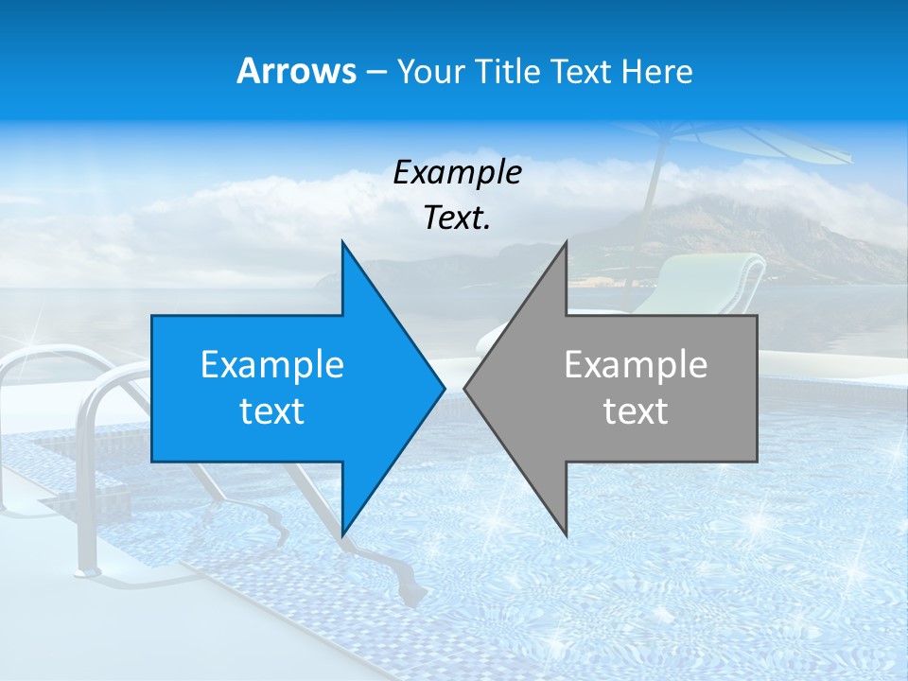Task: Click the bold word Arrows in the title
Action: point(296,71)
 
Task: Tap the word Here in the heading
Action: point(656,72)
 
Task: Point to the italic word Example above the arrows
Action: point(457,172)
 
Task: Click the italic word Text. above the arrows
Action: point(457,218)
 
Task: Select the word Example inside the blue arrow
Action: point(272,365)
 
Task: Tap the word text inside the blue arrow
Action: point(272,411)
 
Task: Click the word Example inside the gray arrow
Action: point(636,365)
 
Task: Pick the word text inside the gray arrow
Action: point(636,411)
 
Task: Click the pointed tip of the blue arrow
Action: point(443,388)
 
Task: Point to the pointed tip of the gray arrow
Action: point(466,388)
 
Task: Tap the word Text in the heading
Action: point(581,72)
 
